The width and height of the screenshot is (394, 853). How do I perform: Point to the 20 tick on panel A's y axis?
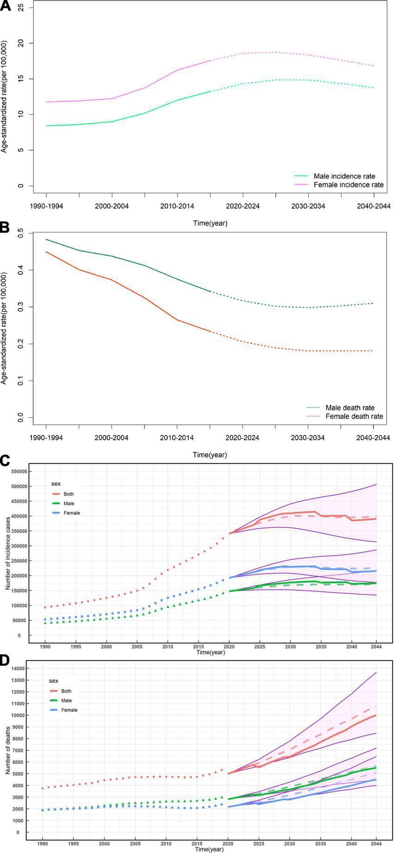click(19, 43)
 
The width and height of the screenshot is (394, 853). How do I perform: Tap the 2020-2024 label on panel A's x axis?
click(242, 206)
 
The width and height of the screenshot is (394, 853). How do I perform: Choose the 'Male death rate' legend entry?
click(350, 407)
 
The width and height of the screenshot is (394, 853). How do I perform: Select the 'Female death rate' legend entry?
click(354, 416)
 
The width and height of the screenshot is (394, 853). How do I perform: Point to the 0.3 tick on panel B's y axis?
click(19, 307)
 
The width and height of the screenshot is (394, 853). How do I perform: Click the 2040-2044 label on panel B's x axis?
click(373, 438)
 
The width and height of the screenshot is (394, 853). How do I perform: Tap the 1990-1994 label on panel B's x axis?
click(46, 438)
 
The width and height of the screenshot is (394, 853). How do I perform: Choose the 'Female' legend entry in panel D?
click(69, 710)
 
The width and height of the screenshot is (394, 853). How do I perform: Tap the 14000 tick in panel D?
click(19, 669)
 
